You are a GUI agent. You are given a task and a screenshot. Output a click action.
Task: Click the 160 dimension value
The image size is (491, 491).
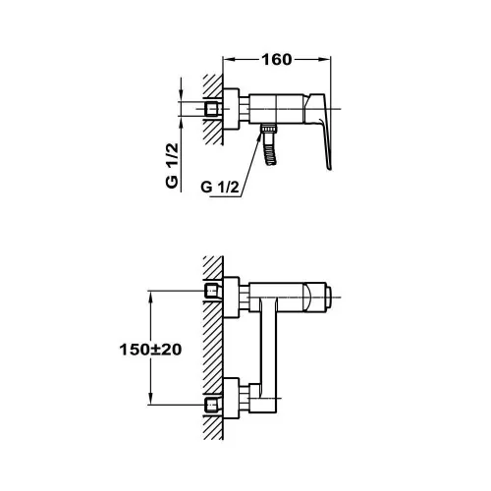coord(276,60)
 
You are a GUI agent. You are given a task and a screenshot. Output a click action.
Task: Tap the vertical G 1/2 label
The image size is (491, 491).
coord(172,166)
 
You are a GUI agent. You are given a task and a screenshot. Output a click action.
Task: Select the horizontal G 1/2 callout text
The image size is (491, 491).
coord(220,188)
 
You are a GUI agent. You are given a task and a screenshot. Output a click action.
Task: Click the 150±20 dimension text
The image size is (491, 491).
coord(150,350)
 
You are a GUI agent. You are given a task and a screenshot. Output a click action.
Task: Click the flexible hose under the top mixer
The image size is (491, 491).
coord(271,150)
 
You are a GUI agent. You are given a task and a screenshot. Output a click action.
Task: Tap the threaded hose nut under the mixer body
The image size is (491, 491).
coord(268,129)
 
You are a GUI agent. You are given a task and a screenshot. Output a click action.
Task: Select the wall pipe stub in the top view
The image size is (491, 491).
coord(212,109)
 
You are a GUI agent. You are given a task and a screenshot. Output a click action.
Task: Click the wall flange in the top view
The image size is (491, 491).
coord(231,109)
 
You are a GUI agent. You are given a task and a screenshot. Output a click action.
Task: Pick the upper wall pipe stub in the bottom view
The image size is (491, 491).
coord(211,291)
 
